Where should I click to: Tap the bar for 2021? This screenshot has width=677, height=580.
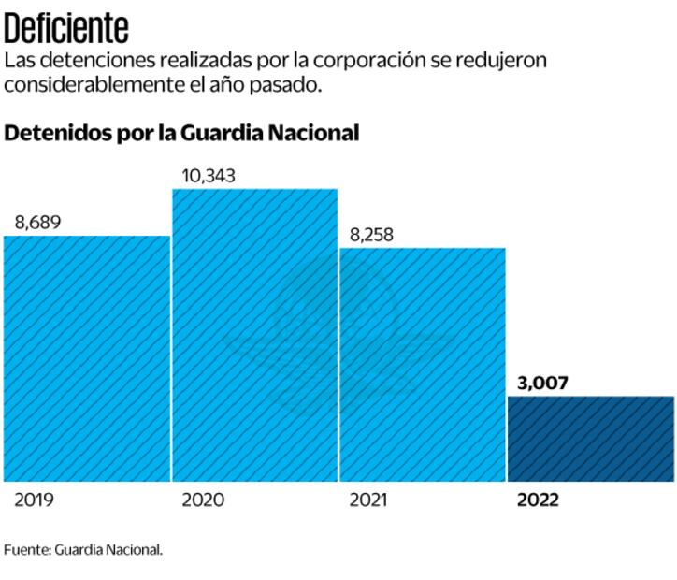pyautogui.click(x=422, y=365)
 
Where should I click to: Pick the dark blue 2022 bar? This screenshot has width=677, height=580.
pyautogui.click(x=591, y=439)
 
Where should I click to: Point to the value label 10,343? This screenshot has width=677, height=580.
pyautogui.click(x=209, y=175)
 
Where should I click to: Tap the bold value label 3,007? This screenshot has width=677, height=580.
pyautogui.click(x=541, y=383)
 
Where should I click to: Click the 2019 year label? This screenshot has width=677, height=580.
pyautogui.click(x=34, y=500)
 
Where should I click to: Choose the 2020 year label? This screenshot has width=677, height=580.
pyautogui.click(x=203, y=500)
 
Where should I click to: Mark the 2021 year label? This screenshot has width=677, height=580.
pyautogui.click(x=368, y=500)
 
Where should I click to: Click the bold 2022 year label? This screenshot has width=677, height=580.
pyautogui.click(x=538, y=500)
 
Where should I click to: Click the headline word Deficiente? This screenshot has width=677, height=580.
pyautogui.click(x=66, y=28)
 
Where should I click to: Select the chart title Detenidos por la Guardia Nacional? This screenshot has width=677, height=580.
pyautogui.click(x=182, y=133)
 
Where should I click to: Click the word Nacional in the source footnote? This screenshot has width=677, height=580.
pyautogui.click(x=135, y=550)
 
